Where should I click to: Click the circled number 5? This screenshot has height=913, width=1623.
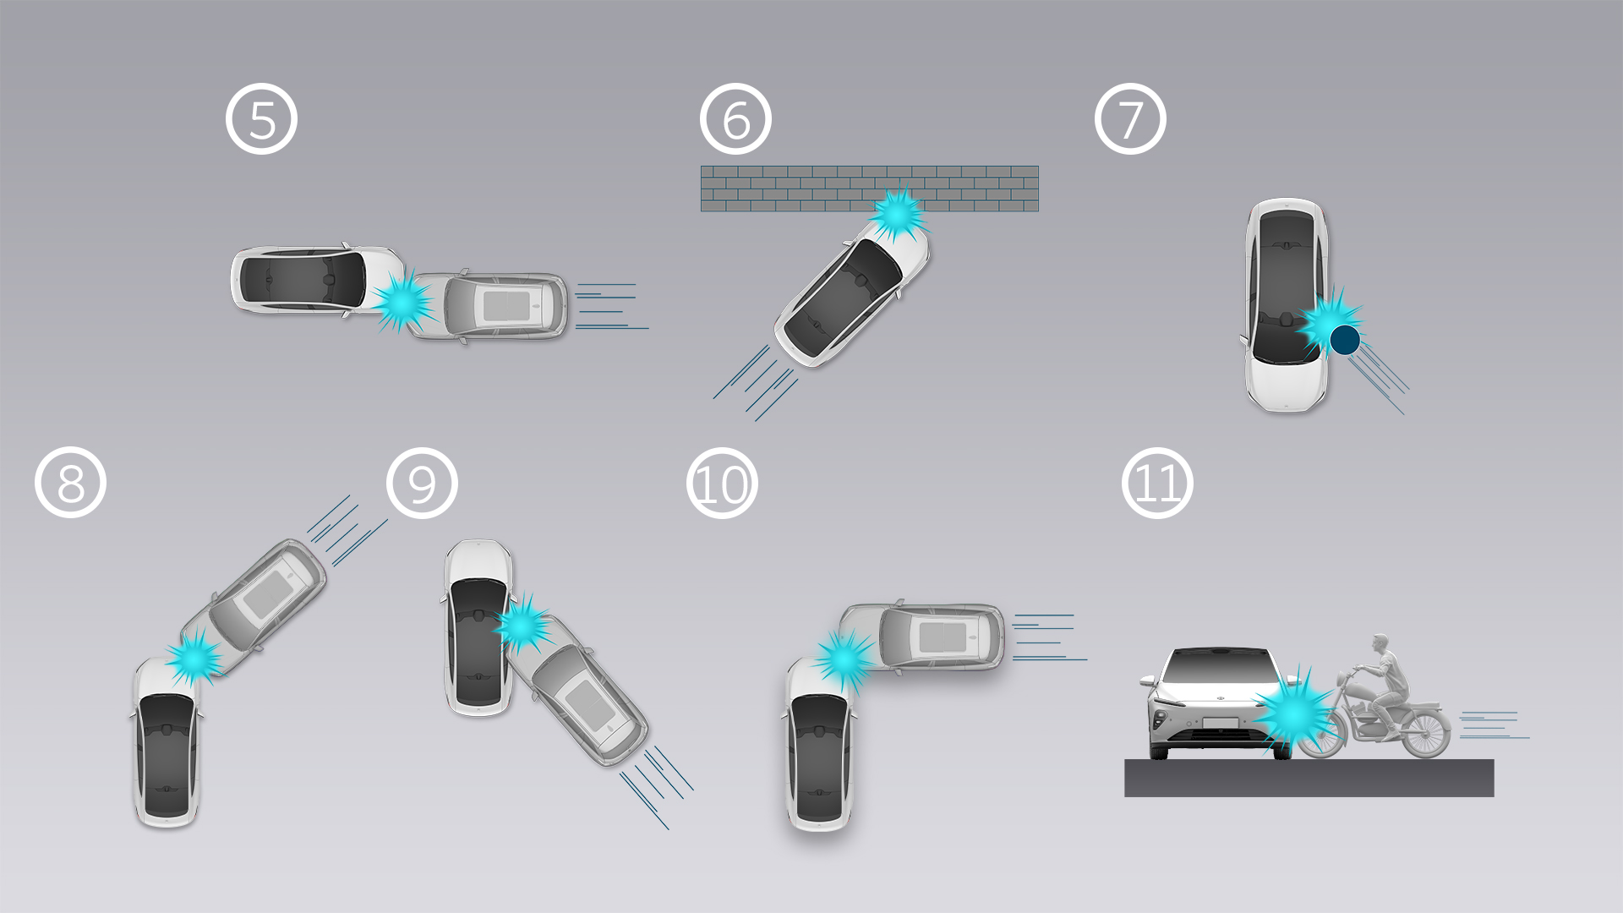coord(261,119)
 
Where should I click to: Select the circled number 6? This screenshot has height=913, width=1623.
coord(735,119)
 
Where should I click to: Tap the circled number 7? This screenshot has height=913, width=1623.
coord(1130,119)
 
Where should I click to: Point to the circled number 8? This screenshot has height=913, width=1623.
coord(70,483)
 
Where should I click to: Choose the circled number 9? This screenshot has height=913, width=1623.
coord(422,483)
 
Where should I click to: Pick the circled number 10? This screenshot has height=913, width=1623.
coord(722,483)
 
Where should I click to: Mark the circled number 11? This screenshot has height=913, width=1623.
coord(1157,483)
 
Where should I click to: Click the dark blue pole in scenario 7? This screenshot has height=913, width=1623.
coord(1345,340)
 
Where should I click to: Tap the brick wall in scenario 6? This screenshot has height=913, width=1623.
coord(869,189)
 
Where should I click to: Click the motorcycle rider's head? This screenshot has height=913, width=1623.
coord(1380,642)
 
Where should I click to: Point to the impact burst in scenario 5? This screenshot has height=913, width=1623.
coord(403,300)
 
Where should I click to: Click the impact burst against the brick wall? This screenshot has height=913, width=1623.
coord(898,213)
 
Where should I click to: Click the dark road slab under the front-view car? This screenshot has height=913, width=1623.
coord(1309,778)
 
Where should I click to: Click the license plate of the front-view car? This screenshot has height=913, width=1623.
coord(1220,724)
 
